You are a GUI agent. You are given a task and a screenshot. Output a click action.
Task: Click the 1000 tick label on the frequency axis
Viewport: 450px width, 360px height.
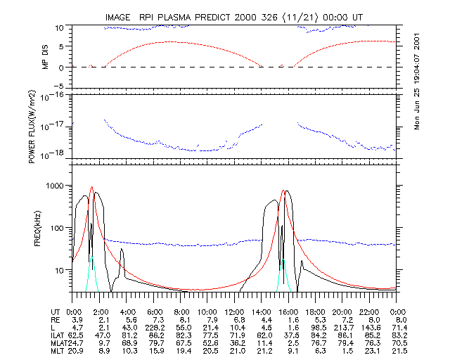click(54, 185)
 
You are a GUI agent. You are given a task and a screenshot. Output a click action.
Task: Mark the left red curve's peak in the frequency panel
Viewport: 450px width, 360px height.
click(91, 187)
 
